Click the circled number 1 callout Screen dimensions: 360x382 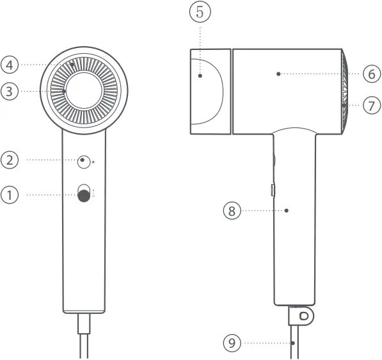(x=10, y=195)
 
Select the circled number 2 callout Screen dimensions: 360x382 (x=10, y=160)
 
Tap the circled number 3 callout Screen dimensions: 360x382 (x=10, y=92)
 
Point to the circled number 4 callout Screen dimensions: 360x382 (x=10, y=64)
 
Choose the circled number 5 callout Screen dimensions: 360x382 (x=200, y=12)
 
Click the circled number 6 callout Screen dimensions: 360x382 (x=371, y=74)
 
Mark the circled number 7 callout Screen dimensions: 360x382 (x=371, y=104)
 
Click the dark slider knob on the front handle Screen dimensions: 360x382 (x=84, y=197)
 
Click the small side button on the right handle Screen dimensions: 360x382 (x=272, y=190)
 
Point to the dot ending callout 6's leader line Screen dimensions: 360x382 (x=278, y=74)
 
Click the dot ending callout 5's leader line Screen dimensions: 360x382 (x=200, y=76)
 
